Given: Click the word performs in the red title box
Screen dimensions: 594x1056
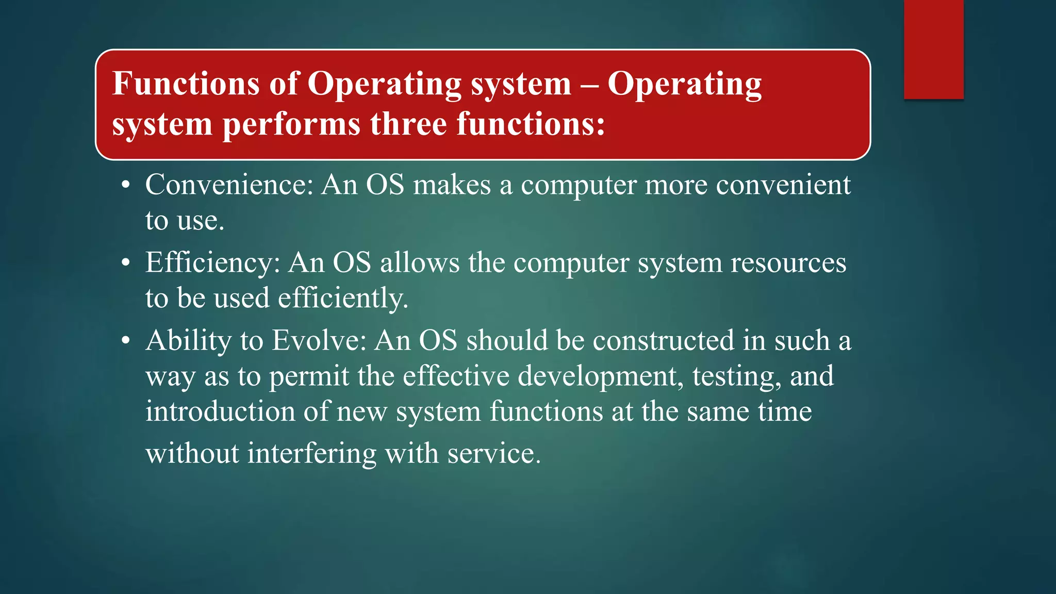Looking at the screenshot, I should pos(291,124).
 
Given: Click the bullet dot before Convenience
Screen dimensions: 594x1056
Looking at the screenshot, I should pos(126,186).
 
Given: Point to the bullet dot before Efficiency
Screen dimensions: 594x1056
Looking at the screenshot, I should pos(126,263).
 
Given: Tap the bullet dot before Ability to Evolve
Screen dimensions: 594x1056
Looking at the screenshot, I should pos(126,341).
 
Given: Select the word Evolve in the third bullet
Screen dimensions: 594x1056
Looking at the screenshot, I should pos(319,340).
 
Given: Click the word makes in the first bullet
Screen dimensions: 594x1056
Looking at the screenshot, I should pos(452,185).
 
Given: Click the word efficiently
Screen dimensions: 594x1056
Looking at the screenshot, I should pos(343,298).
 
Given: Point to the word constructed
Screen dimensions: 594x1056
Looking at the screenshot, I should pos(663,340).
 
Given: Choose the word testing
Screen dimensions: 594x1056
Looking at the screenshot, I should pos(736,376).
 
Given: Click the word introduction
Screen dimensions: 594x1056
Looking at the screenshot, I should pos(220,411).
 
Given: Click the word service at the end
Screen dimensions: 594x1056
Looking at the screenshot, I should pos(493,453).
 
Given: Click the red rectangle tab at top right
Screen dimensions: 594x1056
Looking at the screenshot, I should pos(933,49).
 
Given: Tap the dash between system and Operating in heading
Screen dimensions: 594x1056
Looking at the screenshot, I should pos(589,85).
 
